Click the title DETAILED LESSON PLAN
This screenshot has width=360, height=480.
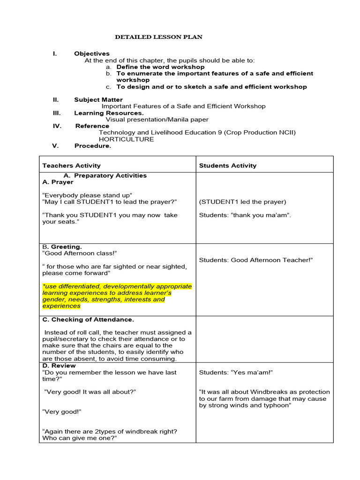[159, 37]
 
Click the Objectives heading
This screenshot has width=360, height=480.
[92, 54]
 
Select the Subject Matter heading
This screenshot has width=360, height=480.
[98, 100]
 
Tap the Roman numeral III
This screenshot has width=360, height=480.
[57, 113]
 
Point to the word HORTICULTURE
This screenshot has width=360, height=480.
[126, 139]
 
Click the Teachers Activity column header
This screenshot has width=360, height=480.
[71, 165]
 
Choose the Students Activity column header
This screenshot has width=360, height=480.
[228, 165]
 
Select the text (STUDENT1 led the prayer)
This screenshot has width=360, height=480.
[242, 202]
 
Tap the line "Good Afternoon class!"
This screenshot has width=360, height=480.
[79, 253]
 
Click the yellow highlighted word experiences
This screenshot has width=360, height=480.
[61, 306]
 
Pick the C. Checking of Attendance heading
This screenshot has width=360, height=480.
[88, 320]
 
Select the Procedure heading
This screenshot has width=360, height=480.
[93, 146]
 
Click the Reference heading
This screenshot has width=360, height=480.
[92, 126]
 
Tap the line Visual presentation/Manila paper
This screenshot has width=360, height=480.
[157, 120]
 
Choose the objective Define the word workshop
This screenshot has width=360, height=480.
[154, 67]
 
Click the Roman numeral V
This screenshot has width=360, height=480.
[55, 146]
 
